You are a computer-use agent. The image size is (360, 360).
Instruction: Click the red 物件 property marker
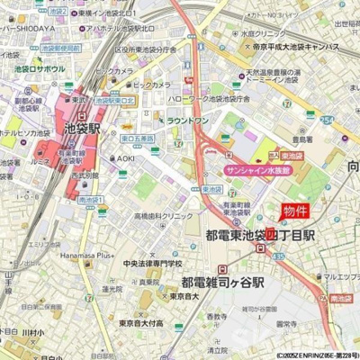pyautogui.click(x=294, y=211)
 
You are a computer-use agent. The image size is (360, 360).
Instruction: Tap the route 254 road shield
pyautogui.click(x=328, y=119)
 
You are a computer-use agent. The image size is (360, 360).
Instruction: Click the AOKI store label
pyautogui.click(x=125, y=158)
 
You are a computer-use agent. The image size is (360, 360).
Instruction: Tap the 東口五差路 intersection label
pyautogui.click(x=136, y=139)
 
